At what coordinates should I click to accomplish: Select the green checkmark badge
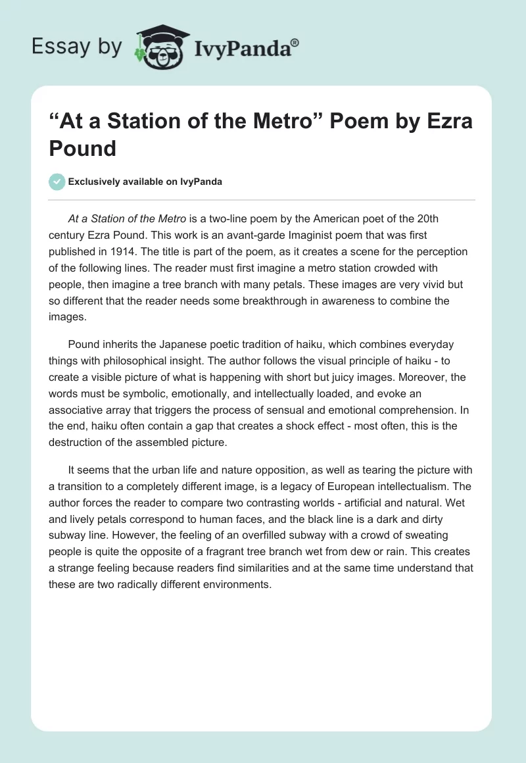click(x=57, y=182)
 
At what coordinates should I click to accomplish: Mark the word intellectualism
click(x=425, y=486)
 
